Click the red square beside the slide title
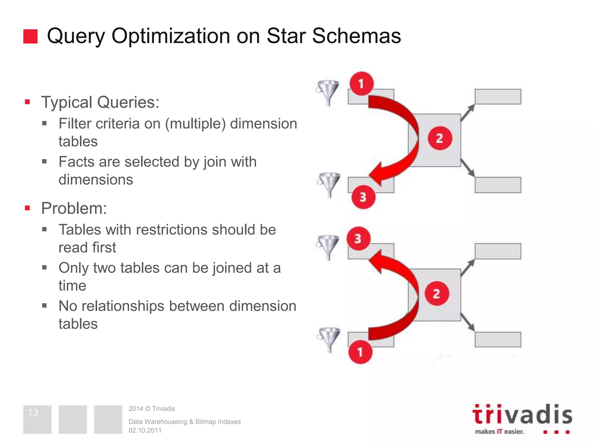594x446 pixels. (x=30, y=36)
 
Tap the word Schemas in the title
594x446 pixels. (x=356, y=36)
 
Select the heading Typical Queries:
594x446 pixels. (x=100, y=102)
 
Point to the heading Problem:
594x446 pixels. (x=74, y=208)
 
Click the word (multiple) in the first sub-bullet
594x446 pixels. (x=195, y=124)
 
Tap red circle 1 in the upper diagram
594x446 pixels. (x=361, y=84)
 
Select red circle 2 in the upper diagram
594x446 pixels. (x=440, y=138)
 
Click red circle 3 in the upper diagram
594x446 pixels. (x=363, y=197)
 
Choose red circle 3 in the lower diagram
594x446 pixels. (x=358, y=238)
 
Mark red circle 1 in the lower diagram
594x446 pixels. (x=360, y=352)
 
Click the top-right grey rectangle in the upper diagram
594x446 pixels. (x=498, y=97)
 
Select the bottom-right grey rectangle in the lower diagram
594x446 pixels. (x=498, y=339)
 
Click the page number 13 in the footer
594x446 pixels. (x=33, y=412)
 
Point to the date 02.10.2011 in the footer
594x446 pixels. (x=145, y=430)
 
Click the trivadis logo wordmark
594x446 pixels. (x=522, y=415)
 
